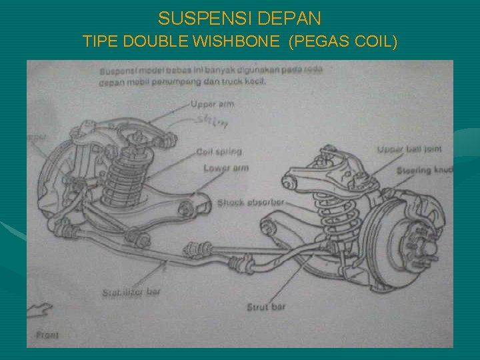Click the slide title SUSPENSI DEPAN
(x=240, y=17)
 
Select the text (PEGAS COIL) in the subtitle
(x=344, y=42)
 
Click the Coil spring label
(x=219, y=152)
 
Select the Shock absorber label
(x=251, y=202)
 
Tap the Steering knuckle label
(x=425, y=171)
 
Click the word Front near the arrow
(x=46, y=335)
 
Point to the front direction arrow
(x=39, y=309)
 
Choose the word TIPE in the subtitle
(x=99, y=42)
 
